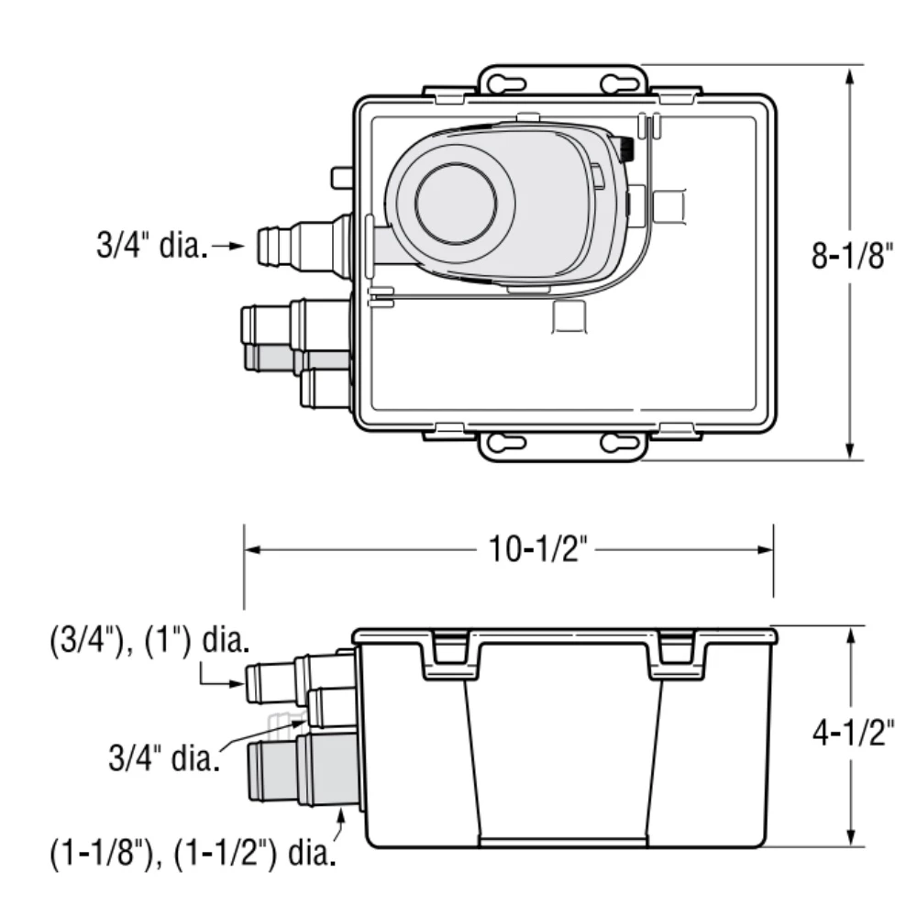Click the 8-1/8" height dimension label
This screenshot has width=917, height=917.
(852, 256)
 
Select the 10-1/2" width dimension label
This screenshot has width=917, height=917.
(536, 550)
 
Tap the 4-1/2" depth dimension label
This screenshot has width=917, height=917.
(852, 735)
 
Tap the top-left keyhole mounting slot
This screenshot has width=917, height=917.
(502, 84)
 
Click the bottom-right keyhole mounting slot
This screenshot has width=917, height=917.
(623, 443)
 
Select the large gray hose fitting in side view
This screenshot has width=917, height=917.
(303, 768)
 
